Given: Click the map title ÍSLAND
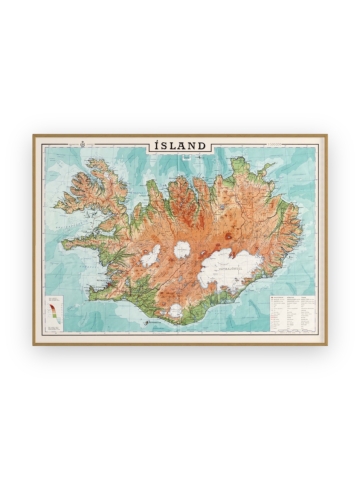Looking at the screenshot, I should [x=180, y=146].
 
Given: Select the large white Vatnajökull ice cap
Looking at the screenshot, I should [x=228, y=268].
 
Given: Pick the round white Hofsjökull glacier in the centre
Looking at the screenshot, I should [x=183, y=250].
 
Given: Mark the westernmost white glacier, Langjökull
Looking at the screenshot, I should [x=150, y=256].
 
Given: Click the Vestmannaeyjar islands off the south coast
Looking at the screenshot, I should [x=148, y=322].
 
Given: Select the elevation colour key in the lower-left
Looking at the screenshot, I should [x=54, y=312].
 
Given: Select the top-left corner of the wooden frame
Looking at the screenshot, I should [x=34, y=135].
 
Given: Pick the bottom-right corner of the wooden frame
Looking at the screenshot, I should [x=326, y=345].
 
